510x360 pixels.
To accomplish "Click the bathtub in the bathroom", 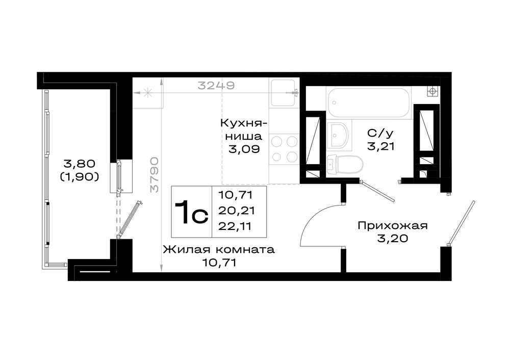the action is (369, 102).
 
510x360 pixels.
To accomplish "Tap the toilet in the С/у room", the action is (345, 164).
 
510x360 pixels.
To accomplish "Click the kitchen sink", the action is (284, 93).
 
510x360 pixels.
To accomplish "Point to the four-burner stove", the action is (284, 149).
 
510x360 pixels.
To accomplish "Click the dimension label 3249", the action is (216, 85).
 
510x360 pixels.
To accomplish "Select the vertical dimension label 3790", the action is (154, 174).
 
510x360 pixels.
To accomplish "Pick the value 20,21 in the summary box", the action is (237, 211).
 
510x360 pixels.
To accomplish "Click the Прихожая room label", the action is (393, 225).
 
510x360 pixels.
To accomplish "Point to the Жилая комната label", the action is (219, 249).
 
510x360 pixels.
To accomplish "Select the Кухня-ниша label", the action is (244, 130).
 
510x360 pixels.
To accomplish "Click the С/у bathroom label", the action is (380, 133).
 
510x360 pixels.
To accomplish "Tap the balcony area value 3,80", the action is (80, 163).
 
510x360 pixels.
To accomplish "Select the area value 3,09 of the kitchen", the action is (244, 149).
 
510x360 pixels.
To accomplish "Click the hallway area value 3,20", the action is (393, 238).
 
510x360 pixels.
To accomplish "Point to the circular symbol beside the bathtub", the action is (432, 91).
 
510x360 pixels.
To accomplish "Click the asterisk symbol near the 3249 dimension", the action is (148, 93).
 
